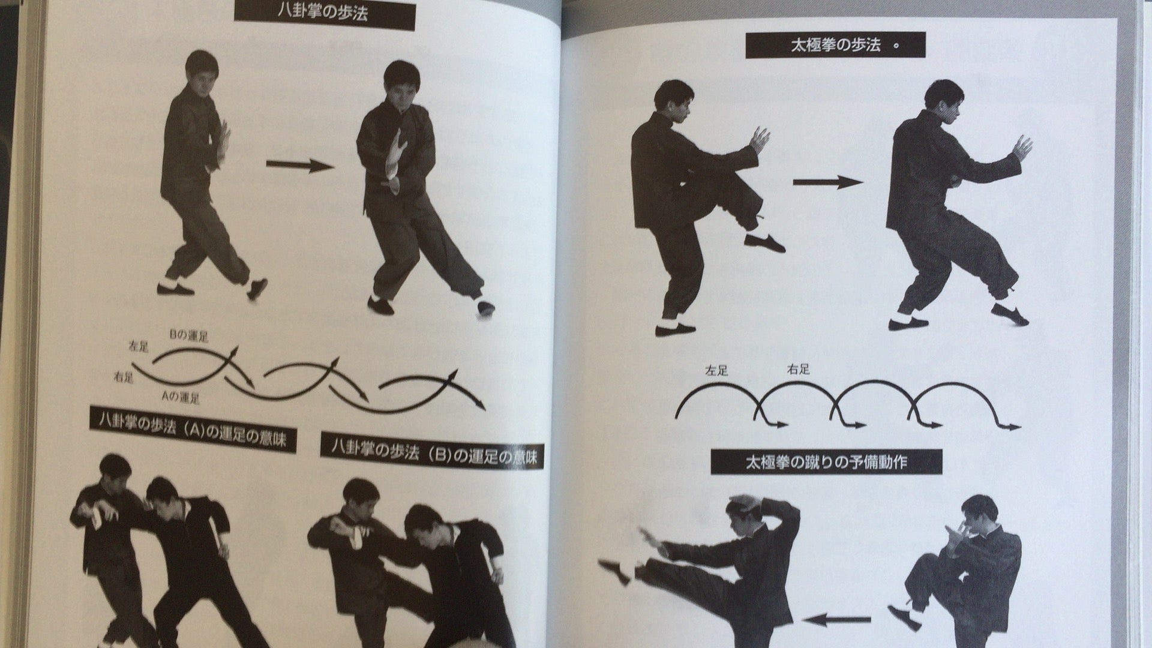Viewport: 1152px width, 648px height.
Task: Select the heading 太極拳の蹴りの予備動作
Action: point(817,463)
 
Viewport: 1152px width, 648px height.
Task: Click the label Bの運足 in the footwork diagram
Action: point(188,337)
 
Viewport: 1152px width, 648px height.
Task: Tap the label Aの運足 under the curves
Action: point(180,397)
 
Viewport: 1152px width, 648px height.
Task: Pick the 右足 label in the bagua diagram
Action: point(124,377)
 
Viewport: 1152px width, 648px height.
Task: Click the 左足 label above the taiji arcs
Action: point(716,371)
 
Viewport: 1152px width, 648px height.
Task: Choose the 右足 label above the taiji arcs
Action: point(798,370)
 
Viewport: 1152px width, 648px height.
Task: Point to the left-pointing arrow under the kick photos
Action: point(837,621)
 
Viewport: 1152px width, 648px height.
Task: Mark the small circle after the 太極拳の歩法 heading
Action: point(896,47)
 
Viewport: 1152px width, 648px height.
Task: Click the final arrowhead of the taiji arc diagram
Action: point(1013,427)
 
